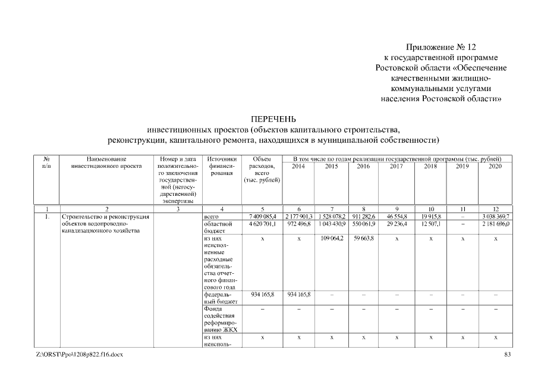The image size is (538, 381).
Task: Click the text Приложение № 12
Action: click(441, 46)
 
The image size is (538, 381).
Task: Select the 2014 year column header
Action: click(298, 166)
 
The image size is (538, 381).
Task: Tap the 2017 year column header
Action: click(396, 166)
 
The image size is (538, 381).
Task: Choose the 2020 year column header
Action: click(495, 166)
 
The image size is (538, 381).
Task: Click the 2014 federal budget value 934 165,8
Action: click(298, 294)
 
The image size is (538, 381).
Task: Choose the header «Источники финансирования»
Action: click(222, 166)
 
